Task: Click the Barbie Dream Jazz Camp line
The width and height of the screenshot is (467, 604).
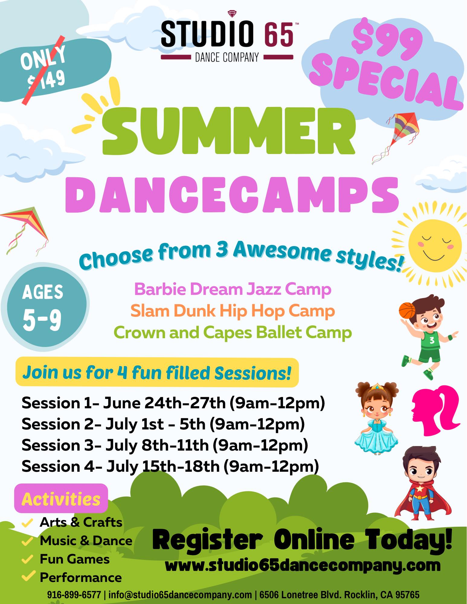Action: (x=233, y=289)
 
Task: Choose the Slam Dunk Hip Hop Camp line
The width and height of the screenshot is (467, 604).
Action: (x=233, y=311)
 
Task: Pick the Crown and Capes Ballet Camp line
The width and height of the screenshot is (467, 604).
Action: (x=233, y=333)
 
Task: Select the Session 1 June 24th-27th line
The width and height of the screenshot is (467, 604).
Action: (x=173, y=403)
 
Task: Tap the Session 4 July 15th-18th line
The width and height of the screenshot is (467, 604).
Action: (x=170, y=466)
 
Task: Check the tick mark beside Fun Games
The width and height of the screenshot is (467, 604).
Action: (x=27, y=559)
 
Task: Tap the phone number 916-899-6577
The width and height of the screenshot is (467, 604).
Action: (x=74, y=595)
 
